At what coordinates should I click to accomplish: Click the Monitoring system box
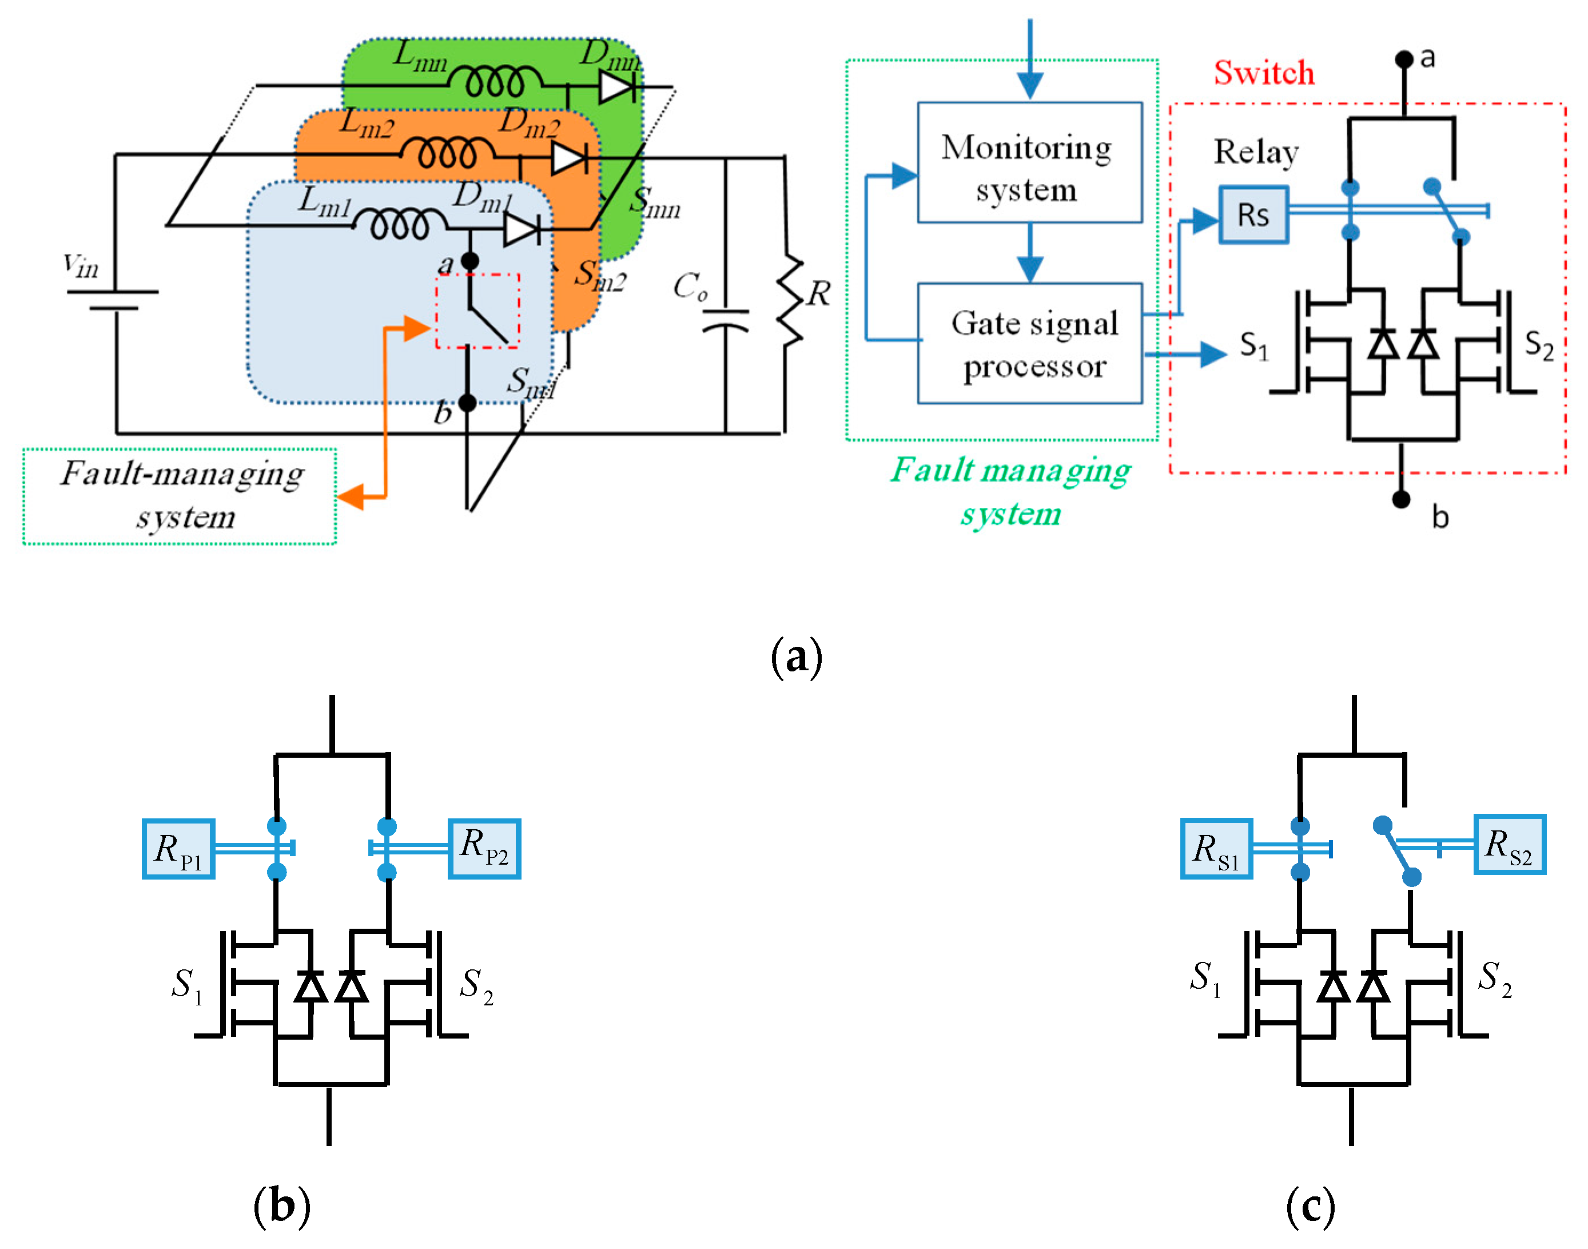pyautogui.click(x=1029, y=162)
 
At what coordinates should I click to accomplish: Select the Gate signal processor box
pyautogui.click(x=1029, y=343)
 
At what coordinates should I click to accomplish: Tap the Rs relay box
pyautogui.click(x=1253, y=215)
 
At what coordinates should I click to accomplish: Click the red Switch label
pyautogui.click(x=1264, y=73)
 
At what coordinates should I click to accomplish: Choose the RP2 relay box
pyautogui.click(x=484, y=848)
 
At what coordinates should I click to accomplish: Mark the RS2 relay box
pyautogui.click(x=1510, y=845)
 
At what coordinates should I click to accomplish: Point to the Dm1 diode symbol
pyautogui.click(x=522, y=230)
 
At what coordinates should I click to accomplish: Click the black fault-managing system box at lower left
pyautogui.click(x=180, y=496)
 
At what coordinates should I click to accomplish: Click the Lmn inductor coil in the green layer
pyautogui.click(x=496, y=82)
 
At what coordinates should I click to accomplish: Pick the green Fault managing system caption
pyautogui.click(x=1010, y=491)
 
